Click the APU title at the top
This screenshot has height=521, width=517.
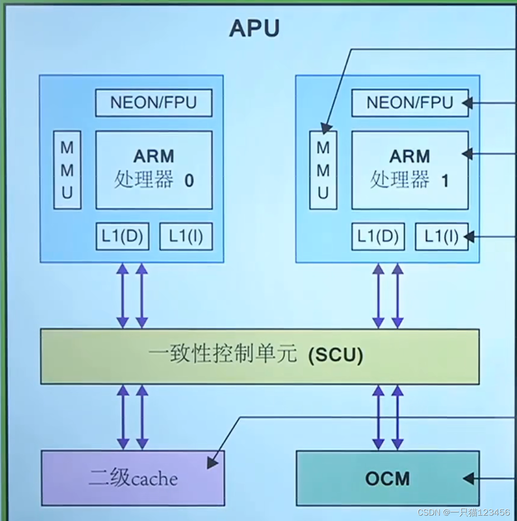254,28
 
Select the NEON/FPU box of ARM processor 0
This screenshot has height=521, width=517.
153,103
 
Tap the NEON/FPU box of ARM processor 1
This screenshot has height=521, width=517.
410,103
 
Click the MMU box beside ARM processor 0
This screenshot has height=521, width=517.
67,170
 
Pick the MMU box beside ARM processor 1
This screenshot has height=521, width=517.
323,170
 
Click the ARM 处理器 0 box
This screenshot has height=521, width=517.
154,170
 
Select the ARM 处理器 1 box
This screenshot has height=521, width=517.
410,170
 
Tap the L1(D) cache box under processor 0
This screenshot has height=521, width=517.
122,236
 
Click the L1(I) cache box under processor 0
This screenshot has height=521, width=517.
185,236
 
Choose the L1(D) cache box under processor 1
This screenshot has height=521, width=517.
378,236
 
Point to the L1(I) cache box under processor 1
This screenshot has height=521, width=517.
441,236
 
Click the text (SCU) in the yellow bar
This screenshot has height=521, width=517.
336,355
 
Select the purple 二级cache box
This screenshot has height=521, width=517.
132,478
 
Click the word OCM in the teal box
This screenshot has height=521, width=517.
387,478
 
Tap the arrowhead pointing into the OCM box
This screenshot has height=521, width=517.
468,478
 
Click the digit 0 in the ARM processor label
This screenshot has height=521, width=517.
189,181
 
